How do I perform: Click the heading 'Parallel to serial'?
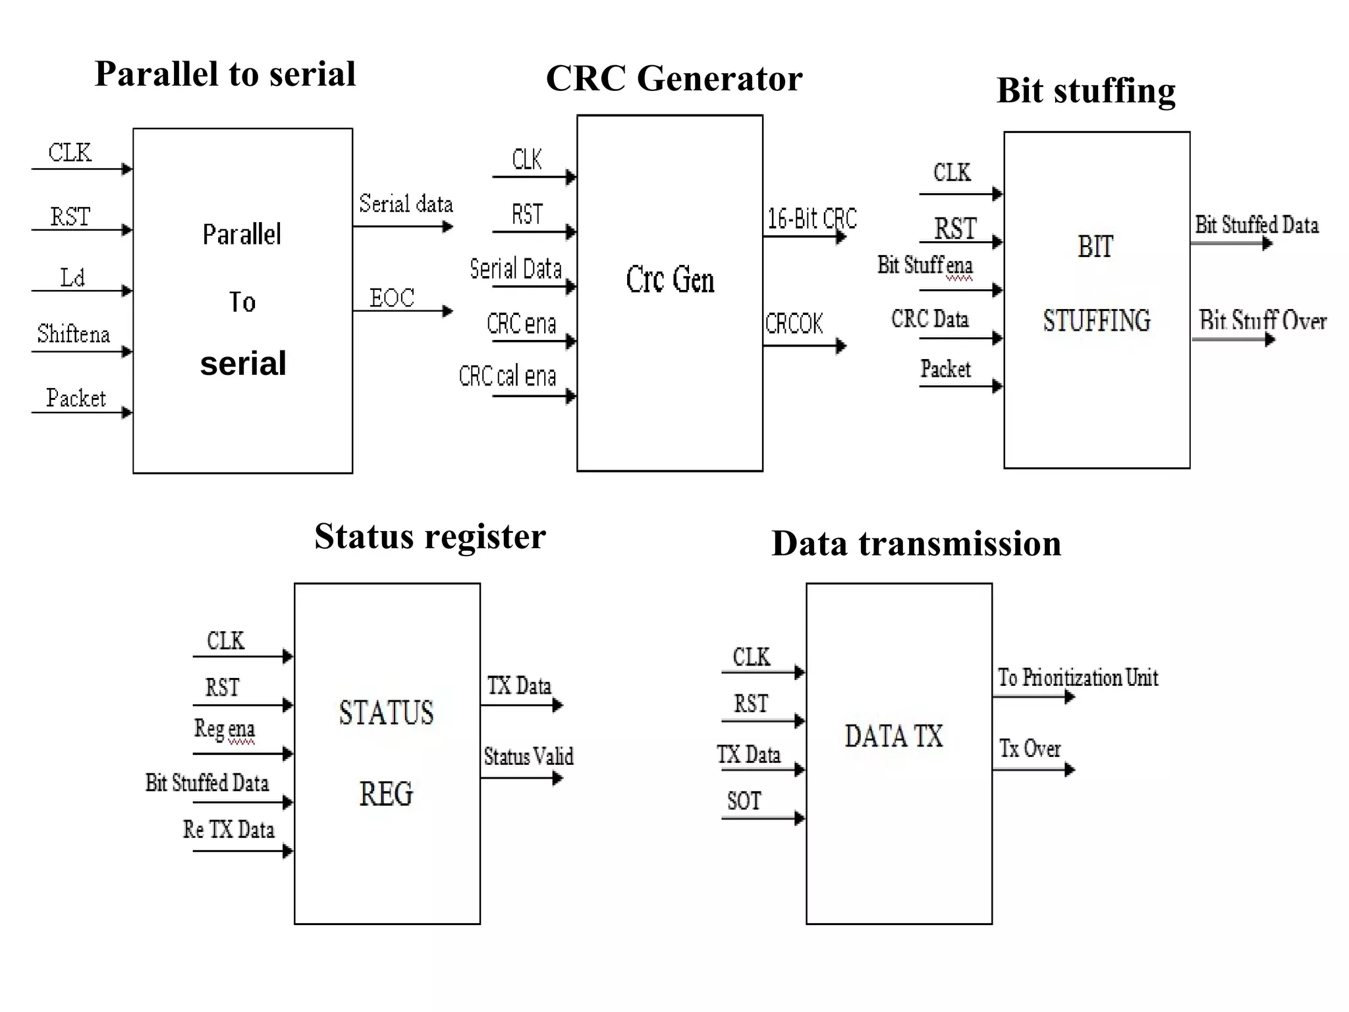225,74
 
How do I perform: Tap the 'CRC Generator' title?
674,78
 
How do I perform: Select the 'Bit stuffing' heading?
1086,90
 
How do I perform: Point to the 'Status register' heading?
429,536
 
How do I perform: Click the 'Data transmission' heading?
916,544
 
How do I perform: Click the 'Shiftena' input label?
73,334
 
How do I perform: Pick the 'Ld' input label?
72,277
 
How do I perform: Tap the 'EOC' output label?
392,298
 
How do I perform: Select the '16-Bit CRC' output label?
812,218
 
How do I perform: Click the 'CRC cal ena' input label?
507,376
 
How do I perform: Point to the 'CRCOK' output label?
794,323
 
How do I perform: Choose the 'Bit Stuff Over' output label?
1262,321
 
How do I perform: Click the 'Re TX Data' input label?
229,829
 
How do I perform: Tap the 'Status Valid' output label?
528,756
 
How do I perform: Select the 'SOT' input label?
744,801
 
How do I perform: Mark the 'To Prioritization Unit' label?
1078,677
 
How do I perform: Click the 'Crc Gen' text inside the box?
670,279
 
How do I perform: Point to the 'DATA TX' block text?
894,736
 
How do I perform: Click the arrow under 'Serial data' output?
403,227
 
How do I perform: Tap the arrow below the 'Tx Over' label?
1033,770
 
